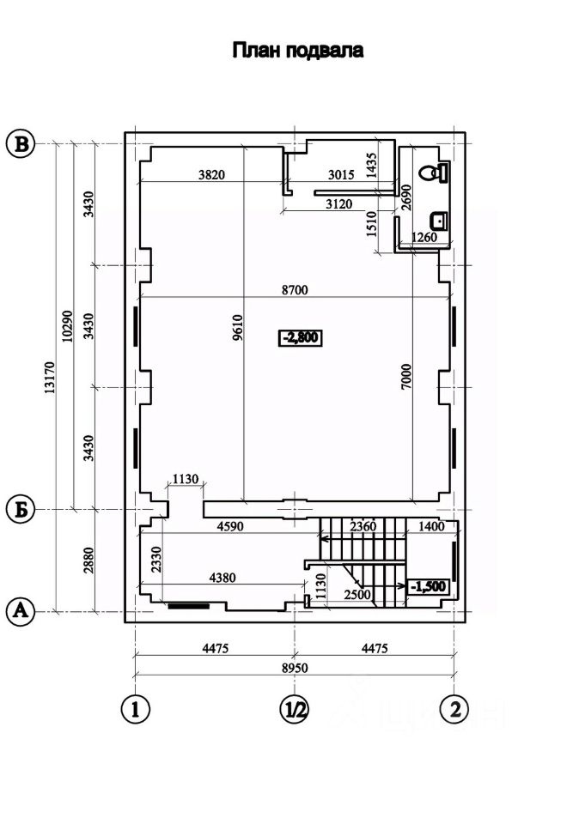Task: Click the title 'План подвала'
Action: tap(298, 51)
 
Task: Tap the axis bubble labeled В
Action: tap(21, 144)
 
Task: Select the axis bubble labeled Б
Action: tap(21, 509)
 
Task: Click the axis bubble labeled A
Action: tap(21, 611)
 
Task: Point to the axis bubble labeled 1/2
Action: tap(294, 710)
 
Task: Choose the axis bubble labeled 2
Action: tap(454, 710)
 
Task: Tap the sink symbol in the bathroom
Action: tap(439, 221)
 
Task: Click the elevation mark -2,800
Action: tap(300, 337)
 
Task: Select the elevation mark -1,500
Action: tap(429, 586)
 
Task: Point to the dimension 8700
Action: tap(295, 289)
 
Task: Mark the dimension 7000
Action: tap(406, 377)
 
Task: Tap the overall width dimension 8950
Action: tap(295, 668)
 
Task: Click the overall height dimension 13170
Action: tap(50, 377)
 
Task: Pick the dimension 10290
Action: tap(67, 326)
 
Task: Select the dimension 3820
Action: tap(211, 174)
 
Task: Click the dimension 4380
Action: tap(222, 578)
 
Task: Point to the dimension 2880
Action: tap(88, 560)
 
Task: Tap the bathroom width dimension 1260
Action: tap(424, 237)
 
